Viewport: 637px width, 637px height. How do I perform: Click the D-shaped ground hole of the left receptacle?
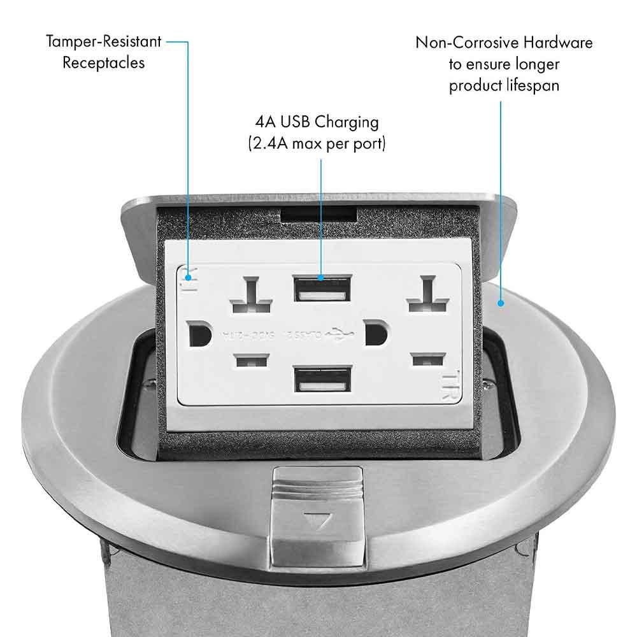[x=199, y=333]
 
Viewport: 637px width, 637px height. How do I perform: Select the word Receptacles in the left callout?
[x=103, y=62]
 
